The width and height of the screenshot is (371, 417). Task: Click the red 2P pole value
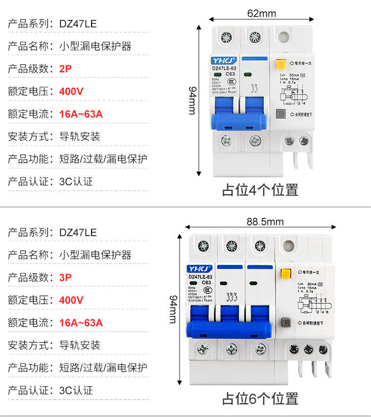tap(65, 69)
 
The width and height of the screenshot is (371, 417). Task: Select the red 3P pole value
tap(65, 277)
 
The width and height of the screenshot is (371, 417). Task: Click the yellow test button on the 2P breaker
tap(280, 64)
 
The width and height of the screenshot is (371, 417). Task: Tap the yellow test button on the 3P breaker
tap(285, 273)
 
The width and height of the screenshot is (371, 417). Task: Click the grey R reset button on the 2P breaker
tap(280, 113)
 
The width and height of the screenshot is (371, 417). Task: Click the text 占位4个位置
tap(260, 190)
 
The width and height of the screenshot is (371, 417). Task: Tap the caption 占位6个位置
tap(260, 398)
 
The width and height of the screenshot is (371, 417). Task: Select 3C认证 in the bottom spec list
tap(76, 390)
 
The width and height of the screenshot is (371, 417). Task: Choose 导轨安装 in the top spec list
tap(80, 137)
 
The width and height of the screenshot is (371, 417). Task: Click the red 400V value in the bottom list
tap(71, 300)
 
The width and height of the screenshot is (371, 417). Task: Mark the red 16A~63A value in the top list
tap(81, 114)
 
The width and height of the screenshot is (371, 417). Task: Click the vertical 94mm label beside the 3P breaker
tap(173, 308)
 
